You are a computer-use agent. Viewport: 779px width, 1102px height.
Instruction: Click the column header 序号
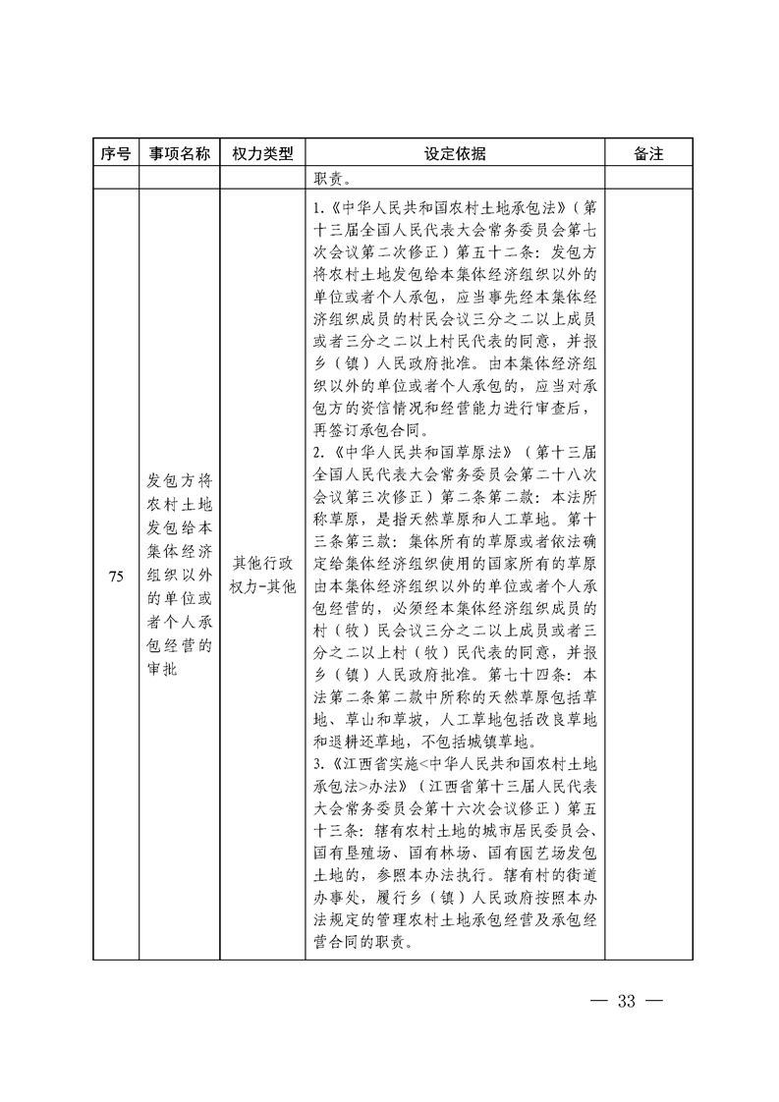[115, 154]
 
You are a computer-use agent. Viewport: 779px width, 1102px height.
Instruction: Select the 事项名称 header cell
[179, 154]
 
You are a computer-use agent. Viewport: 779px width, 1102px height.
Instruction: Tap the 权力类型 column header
[262, 154]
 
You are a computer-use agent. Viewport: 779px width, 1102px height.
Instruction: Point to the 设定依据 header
[454, 154]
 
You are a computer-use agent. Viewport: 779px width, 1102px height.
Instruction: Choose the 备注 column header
[649, 154]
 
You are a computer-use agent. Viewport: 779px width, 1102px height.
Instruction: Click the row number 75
[115, 577]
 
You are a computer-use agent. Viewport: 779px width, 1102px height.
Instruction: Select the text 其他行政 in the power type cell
[262, 564]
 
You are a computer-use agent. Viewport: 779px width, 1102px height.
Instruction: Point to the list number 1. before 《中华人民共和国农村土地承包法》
[317, 208]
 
